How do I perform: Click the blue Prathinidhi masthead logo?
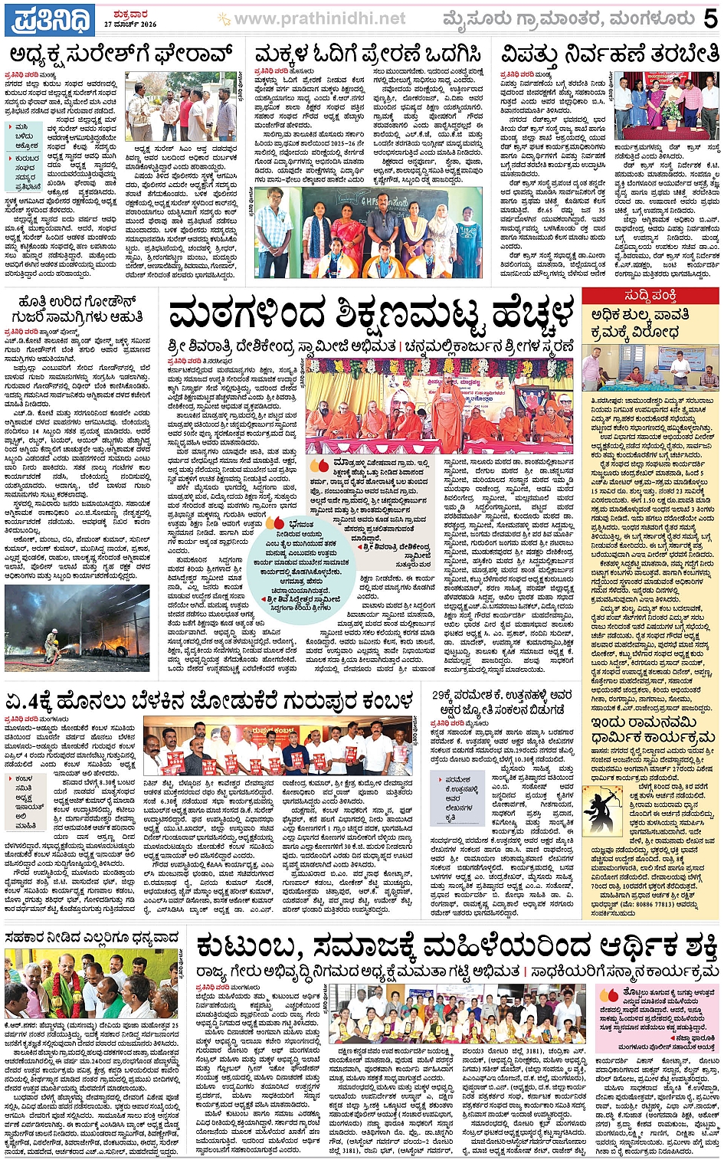tap(49, 19)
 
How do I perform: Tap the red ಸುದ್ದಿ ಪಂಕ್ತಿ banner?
tap(650, 296)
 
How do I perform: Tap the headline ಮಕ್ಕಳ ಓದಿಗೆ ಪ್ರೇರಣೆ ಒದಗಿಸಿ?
tap(368, 54)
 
